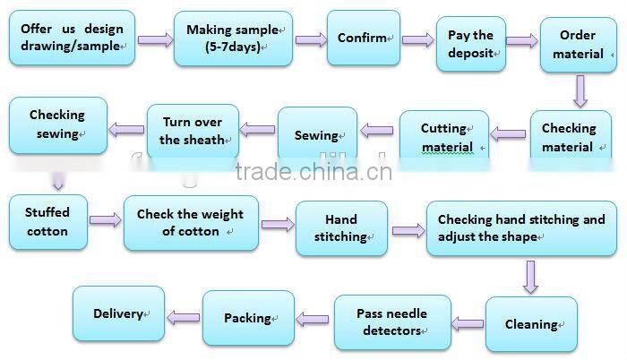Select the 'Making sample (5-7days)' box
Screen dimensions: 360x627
[x=233, y=38]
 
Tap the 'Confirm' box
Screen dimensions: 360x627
[x=363, y=38]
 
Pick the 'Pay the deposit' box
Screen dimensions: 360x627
[x=470, y=44]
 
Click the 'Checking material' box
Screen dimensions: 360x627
[x=567, y=137]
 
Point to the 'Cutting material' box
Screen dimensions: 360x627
[x=444, y=136]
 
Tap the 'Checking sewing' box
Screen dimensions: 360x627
[x=58, y=124]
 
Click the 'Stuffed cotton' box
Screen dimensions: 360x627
[x=47, y=221]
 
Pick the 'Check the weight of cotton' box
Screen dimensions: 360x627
[x=190, y=222]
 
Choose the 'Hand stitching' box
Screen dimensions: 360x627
[x=341, y=227]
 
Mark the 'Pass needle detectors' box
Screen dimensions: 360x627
[x=391, y=321]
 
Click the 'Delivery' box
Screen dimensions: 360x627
[x=118, y=313]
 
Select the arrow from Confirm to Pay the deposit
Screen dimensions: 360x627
[x=418, y=39]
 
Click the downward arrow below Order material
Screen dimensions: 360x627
[x=580, y=90]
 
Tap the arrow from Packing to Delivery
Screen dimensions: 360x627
[x=184, y=315]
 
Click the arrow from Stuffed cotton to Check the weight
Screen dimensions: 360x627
[x=106, y=220]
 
